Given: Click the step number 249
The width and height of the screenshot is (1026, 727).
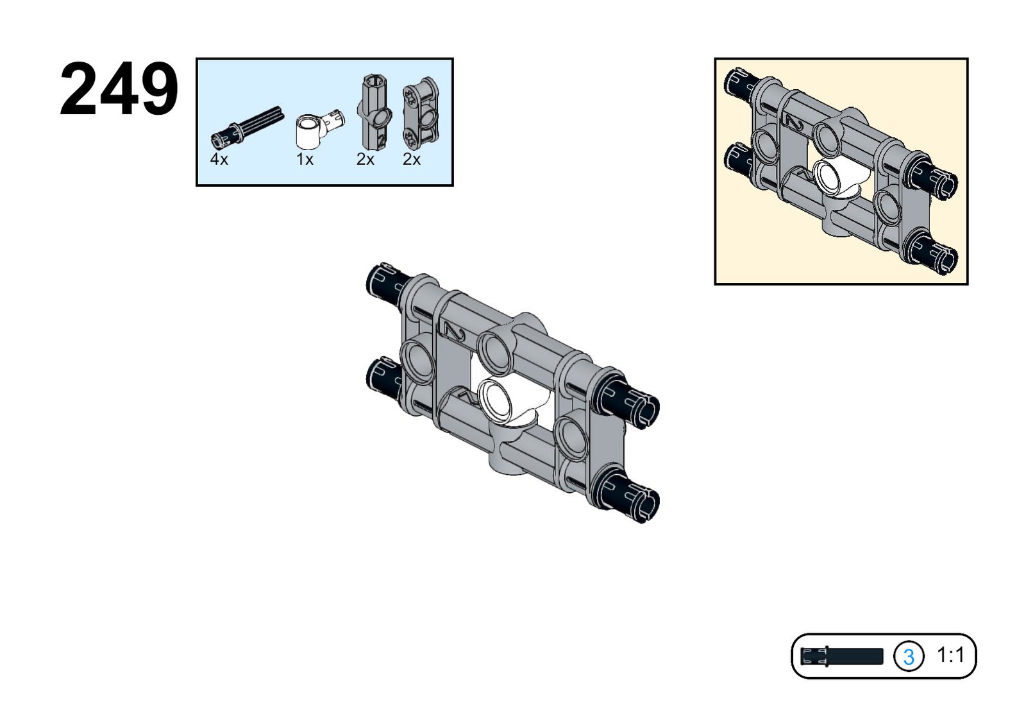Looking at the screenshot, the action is (119, 90).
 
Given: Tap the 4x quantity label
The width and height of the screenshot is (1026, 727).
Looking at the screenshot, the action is (219, 160).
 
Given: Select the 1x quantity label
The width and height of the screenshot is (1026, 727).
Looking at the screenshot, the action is (305, 160).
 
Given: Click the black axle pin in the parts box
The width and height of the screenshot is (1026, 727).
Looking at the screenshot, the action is (248, 126).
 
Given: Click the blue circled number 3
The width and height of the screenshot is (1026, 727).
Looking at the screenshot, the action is (908, 656).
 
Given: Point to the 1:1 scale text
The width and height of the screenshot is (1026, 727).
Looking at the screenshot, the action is (950, 656).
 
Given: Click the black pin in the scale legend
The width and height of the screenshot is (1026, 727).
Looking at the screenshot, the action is (841, 656).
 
